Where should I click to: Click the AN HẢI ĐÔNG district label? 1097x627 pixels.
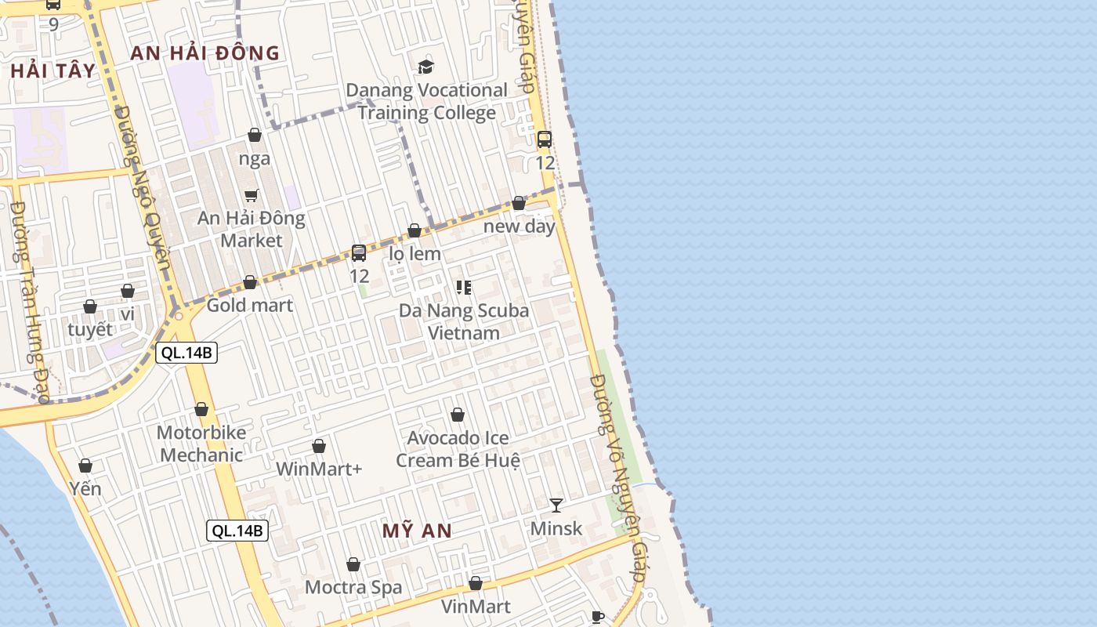205,53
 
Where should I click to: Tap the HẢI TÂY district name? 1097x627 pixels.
53,71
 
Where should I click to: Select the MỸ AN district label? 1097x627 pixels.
417,531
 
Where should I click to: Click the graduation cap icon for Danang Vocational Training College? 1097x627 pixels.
425,67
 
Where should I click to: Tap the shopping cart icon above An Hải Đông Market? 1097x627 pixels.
251,195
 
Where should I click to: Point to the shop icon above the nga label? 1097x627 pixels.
255,136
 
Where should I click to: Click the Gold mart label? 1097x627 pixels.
249,305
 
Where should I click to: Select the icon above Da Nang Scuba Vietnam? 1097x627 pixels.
464,288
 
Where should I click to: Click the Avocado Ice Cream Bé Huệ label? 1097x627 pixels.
458,449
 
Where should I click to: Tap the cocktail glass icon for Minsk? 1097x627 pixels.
556,506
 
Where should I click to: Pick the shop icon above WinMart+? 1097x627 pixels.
319,447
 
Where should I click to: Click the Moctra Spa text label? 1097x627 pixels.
353,587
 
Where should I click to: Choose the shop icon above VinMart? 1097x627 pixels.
476,584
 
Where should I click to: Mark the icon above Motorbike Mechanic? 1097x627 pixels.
201,410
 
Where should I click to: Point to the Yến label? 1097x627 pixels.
85,489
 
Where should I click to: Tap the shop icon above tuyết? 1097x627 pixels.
90,306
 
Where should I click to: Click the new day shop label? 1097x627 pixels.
519,227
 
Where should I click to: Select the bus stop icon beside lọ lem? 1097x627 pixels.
359,253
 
